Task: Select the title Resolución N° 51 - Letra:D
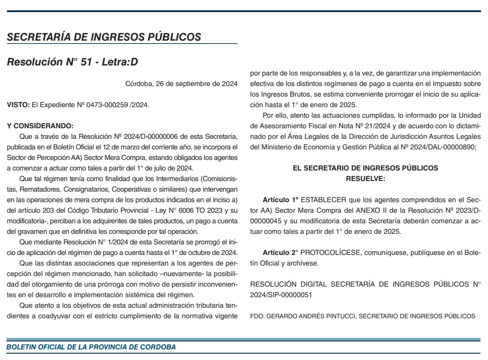pyautogui.click(x=72, y=62)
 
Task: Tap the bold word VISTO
pyautogui.click(x=17, y=105)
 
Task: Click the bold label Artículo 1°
pyautogui.click(x=281, y=201)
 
